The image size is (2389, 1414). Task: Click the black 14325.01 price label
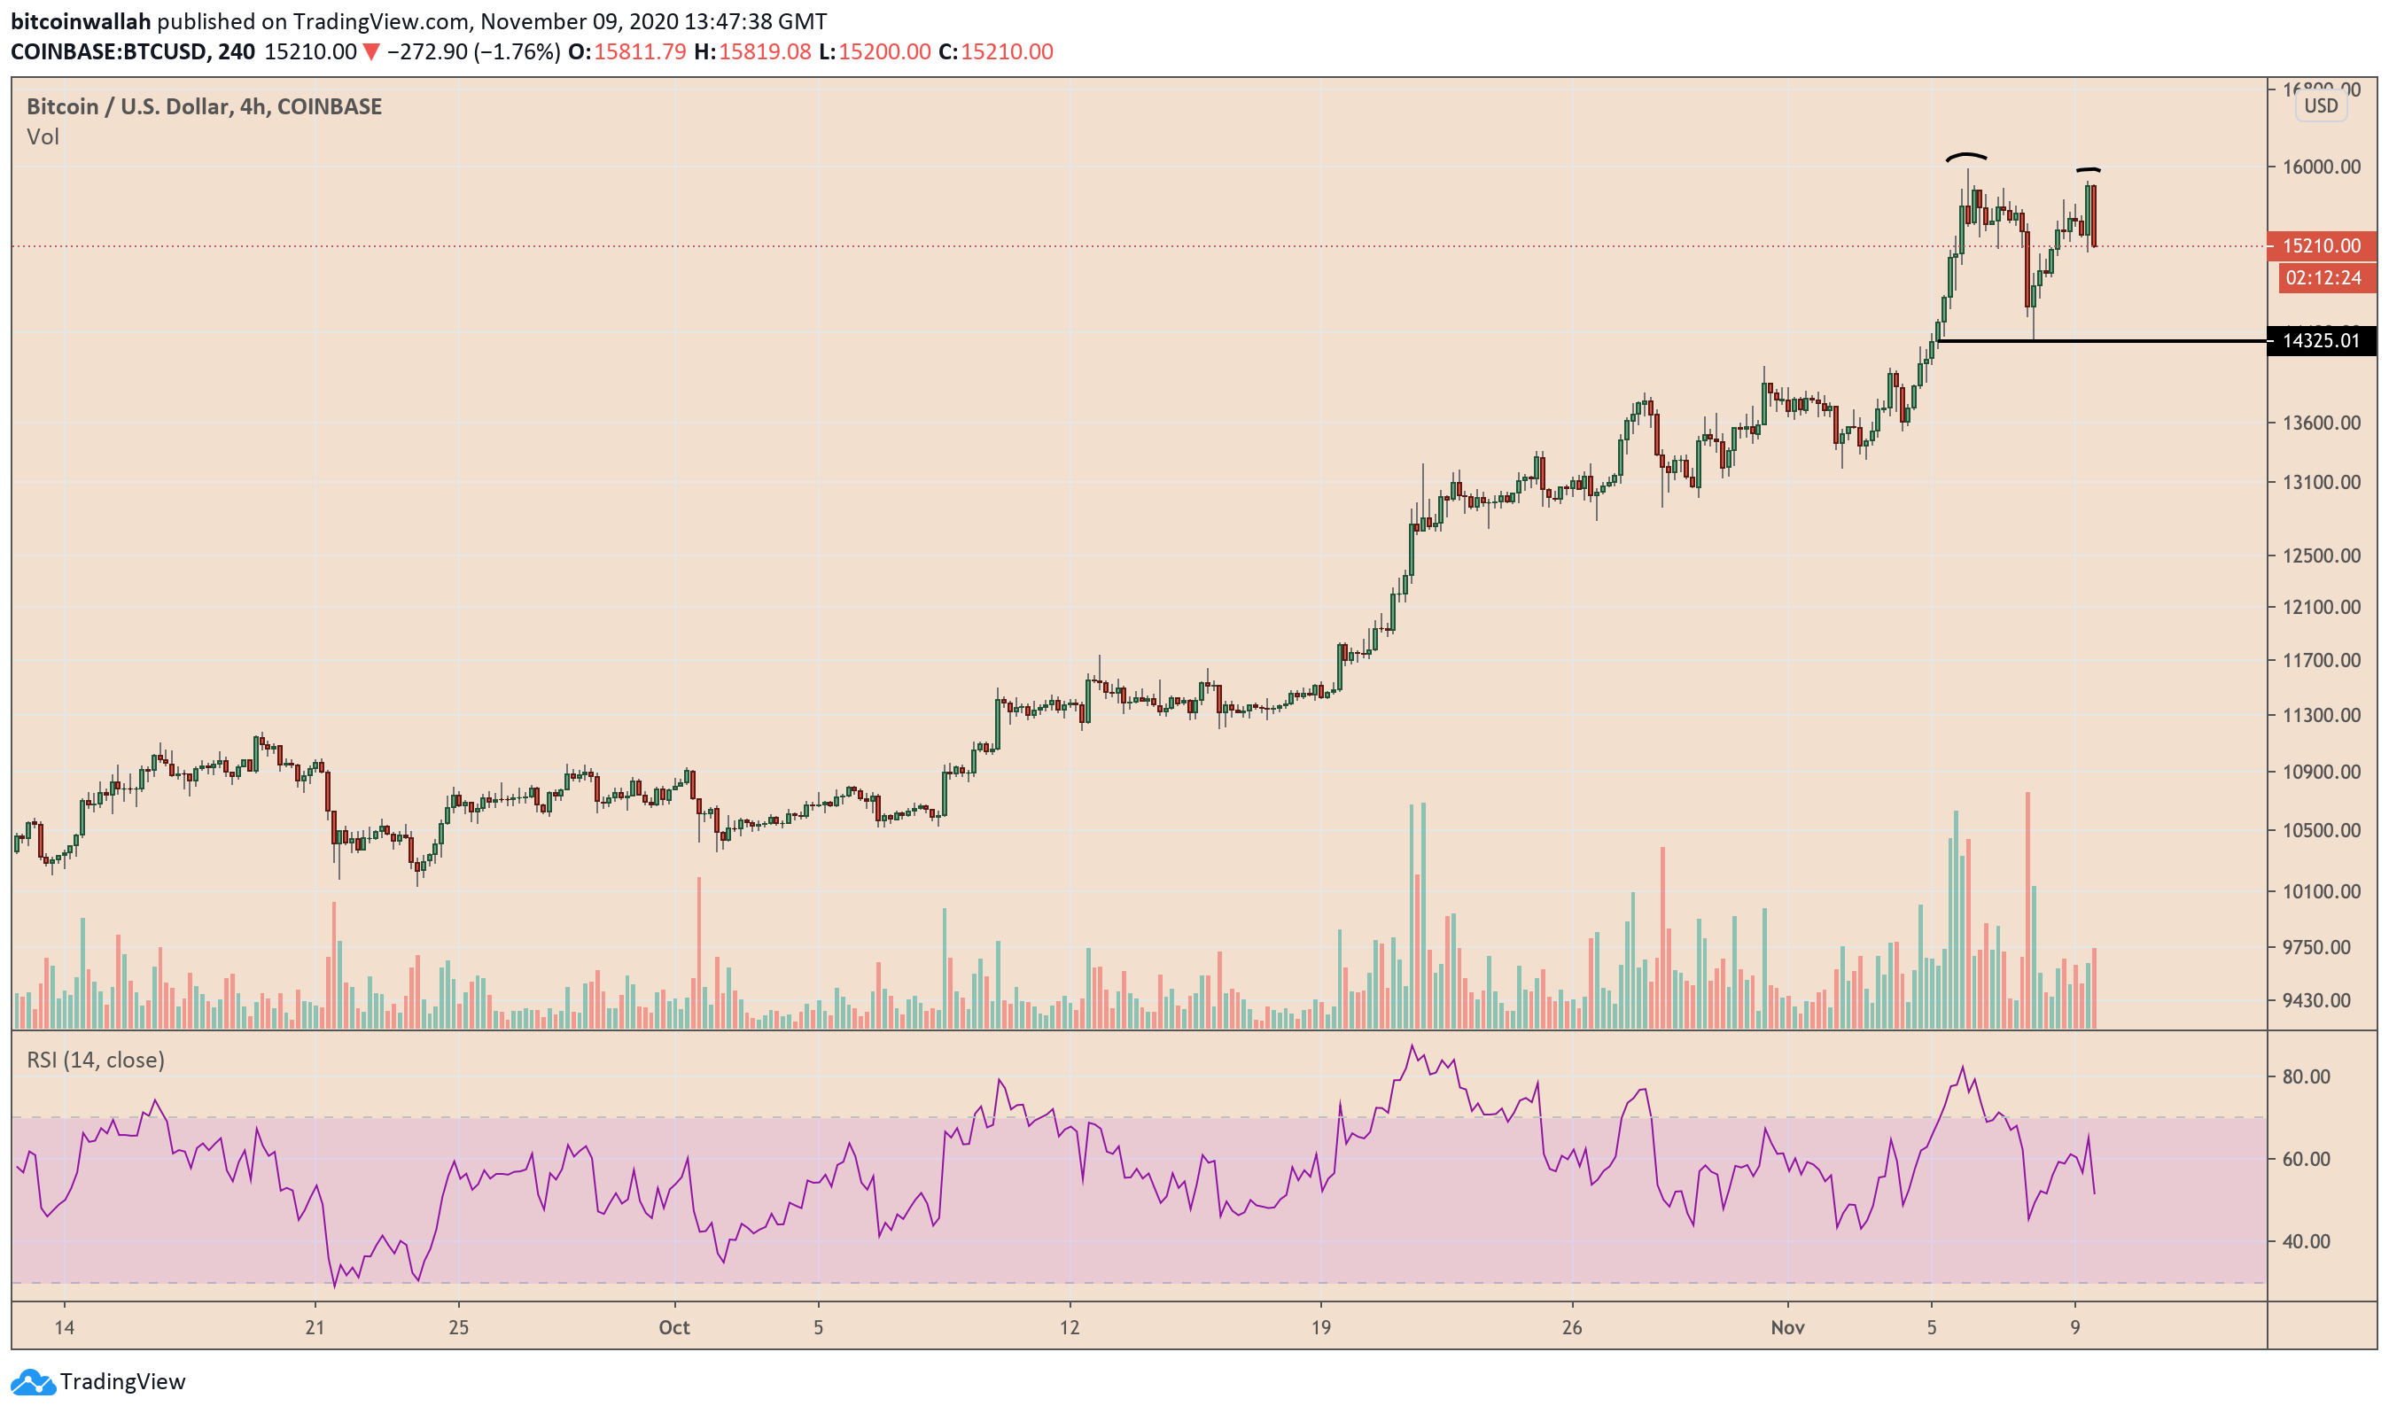(x=2322, y=341)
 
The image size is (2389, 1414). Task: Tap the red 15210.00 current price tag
(x=2322, y=245)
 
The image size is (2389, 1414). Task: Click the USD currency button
(x=2321, y=105)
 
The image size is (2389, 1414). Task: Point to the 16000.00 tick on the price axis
(x=2322, y=167)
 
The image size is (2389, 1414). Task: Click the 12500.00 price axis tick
(x=2322, y=555)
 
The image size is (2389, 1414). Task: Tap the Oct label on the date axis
(x=673, y=1327)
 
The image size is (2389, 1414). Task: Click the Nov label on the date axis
(x=1786, y=1327)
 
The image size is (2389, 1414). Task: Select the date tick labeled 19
(x=1319, y=1327)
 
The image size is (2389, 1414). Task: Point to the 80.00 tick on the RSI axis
(x=2306, y=1076)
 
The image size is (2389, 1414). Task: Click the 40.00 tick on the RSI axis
(x=2306, y=1241)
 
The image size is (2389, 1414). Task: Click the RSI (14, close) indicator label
(x=96, y=1060)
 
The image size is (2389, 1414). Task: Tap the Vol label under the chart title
(x=43, y=137)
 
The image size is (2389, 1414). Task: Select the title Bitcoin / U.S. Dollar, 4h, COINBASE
(x=204, y=106)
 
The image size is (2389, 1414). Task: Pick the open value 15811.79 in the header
(x=640, y=51)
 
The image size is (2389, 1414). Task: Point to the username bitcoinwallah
(x=80, y=21)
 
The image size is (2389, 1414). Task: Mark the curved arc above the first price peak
(x=1966, y=156)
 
